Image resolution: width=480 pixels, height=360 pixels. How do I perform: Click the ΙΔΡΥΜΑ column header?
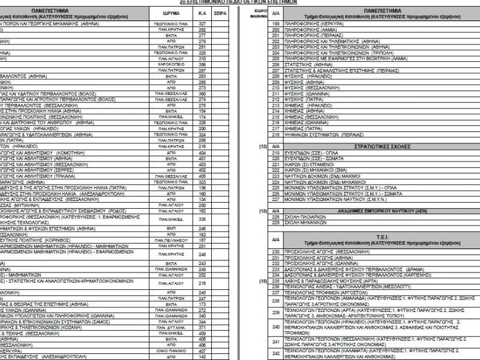pos(170,11)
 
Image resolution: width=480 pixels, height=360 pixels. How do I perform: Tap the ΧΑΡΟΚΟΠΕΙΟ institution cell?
pos(170,65)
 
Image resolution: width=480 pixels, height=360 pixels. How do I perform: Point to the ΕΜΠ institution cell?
pos(170,229)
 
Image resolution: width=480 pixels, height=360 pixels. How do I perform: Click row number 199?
pos(276,23)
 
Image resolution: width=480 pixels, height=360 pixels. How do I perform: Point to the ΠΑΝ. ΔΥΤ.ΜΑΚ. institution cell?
pos(170,328)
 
